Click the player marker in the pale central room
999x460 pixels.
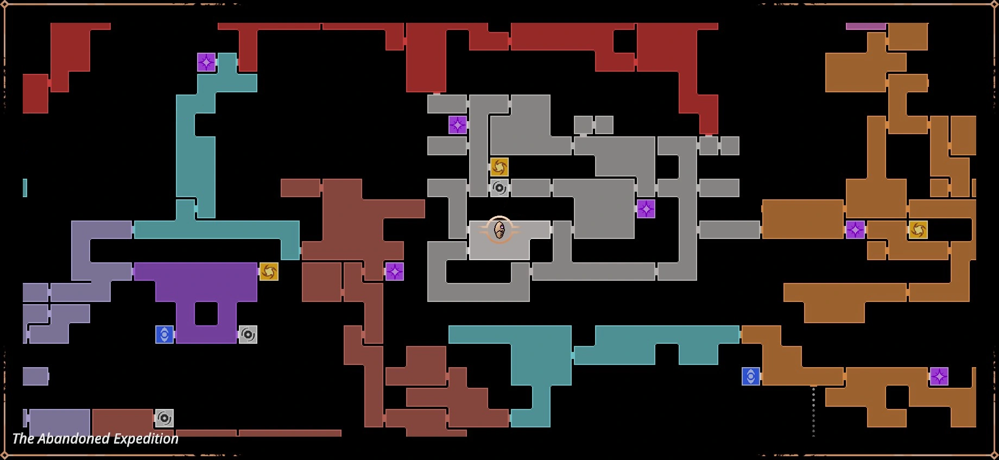click(499, 230)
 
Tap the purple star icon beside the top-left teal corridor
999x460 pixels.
click(206, 62)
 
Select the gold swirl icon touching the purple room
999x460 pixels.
click(269, 272)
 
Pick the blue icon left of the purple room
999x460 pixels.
click(165, 335)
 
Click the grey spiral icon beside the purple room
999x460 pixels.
click(248, 335)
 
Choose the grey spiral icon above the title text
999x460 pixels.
click(165, 418)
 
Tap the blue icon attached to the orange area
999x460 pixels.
click(751, 376)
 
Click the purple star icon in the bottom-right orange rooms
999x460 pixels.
click(939, 376)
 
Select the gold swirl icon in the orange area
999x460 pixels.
click(918, 230)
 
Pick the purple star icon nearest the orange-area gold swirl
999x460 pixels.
click(855, 230)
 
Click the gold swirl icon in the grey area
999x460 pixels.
click(499, 167)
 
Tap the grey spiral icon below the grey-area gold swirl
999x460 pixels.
click(499, 188)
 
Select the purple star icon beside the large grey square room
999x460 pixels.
click(646, 209)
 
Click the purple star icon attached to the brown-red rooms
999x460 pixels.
click(395, 272)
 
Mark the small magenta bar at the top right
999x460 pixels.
click(866, 26)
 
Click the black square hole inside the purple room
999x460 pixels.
click(206, 313)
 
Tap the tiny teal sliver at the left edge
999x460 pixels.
click(25, 188)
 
